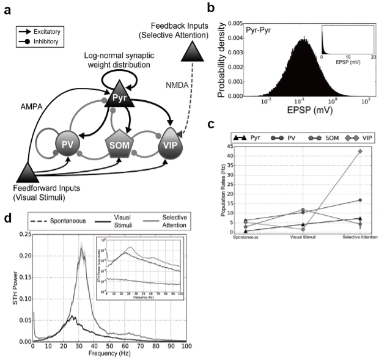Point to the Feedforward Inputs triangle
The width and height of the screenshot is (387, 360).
[x=24, y=172]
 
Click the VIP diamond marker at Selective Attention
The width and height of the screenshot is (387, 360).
[x=360, y=151]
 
